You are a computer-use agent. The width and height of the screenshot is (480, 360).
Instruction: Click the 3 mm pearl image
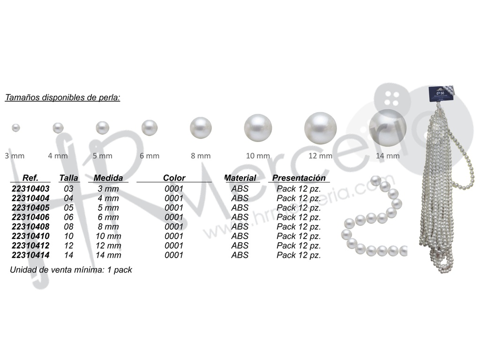click(x=15, y=127)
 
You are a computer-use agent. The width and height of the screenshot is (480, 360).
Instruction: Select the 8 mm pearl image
click(x=201, y=127)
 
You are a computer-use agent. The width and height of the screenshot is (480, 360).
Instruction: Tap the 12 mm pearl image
click(x=321, y=128)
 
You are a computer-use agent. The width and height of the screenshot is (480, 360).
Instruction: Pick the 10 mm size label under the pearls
click(x=258, y=156)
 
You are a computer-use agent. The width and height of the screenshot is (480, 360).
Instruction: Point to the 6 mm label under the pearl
click(x=150, y=156)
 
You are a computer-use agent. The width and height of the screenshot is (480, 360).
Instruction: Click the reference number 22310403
click(x=30, y=189)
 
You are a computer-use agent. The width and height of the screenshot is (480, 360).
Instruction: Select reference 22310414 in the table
click(x=30, y=255)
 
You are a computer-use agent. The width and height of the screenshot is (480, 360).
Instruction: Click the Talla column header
click(x=68, y=178)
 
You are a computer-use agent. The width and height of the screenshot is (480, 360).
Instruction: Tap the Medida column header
click(x=108, y=178)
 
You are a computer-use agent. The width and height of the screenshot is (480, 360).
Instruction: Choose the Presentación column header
click(x=299, y=178)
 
